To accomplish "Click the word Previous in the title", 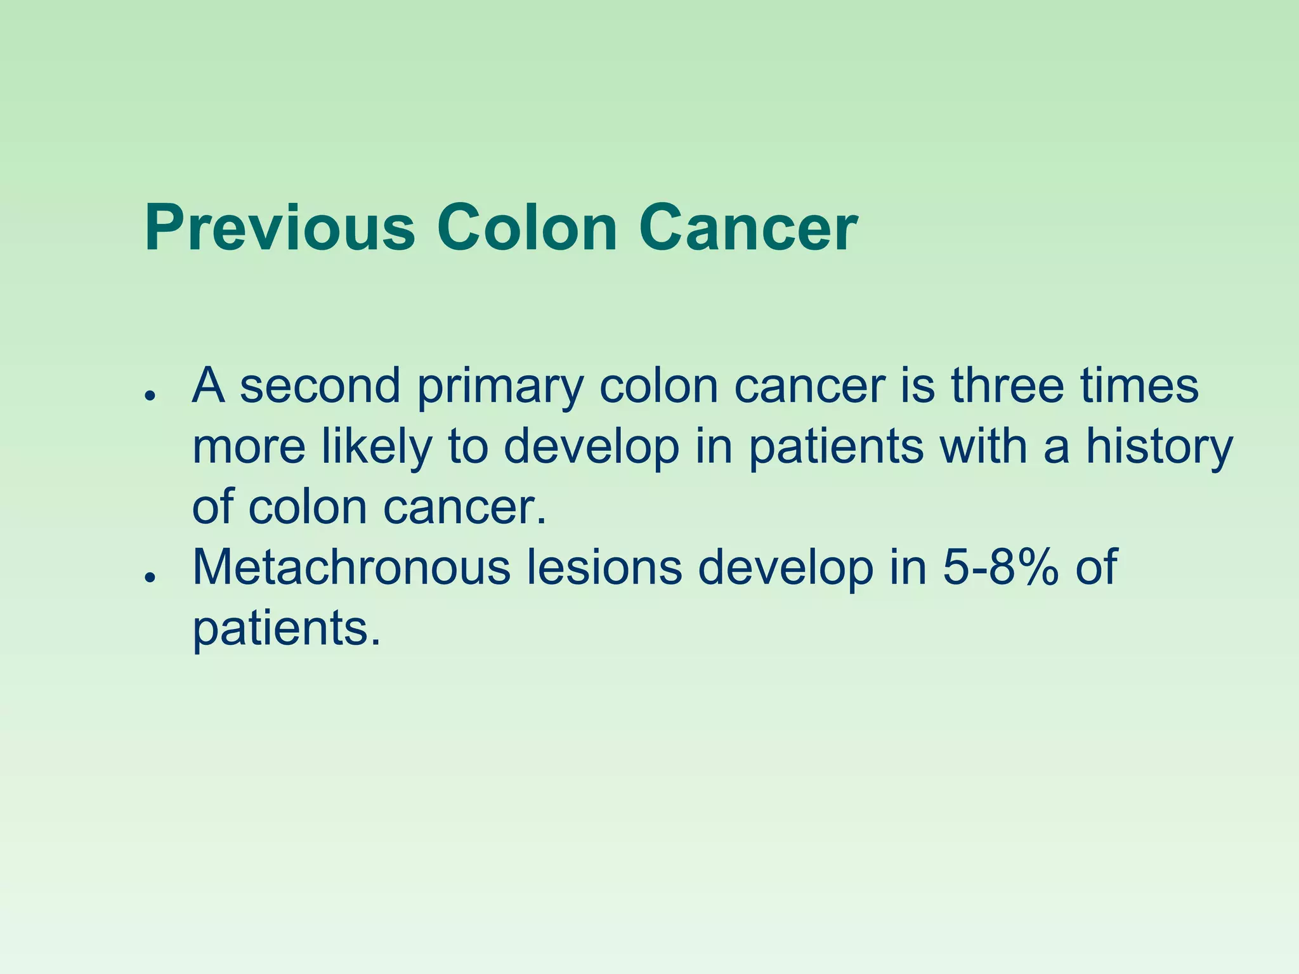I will point(280,228).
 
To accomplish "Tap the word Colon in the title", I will point(527,228).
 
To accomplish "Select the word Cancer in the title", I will point(748,228).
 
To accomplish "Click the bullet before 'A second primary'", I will point(150,395).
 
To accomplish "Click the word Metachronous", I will point(351,566).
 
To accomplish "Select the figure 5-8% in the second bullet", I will point(1001,566).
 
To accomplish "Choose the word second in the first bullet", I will point(320,385).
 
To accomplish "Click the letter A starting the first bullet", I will point(209,385).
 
